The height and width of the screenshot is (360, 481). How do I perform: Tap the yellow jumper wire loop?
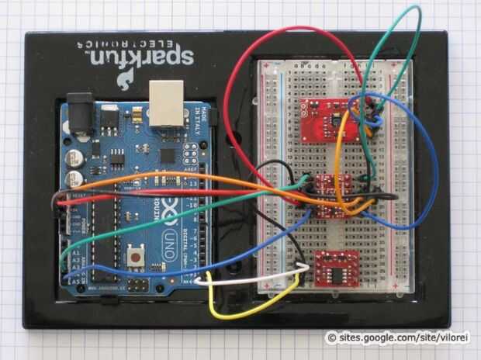pyautogui.click(x=248, y=306)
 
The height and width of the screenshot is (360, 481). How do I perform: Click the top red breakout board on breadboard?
pyautogui.click(x=325, y=119)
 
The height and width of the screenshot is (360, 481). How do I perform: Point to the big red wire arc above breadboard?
pyautogui.click(x=256, y=58)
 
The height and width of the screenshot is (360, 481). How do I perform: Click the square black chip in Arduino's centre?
pyautogui.click(x=167, y=154)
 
